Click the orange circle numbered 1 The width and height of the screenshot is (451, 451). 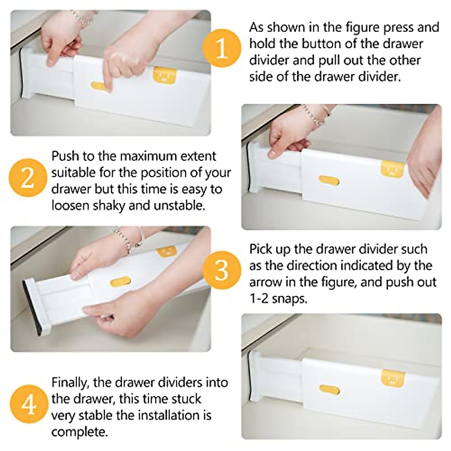point(221,48)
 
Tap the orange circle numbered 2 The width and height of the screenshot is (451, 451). point(27,177)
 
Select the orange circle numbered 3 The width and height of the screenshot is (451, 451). point(221,269)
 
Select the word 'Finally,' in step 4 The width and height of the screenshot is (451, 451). point(70,382)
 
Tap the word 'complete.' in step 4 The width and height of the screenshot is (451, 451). point(79,432)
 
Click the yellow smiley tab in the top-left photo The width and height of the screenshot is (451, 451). point(164,75)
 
